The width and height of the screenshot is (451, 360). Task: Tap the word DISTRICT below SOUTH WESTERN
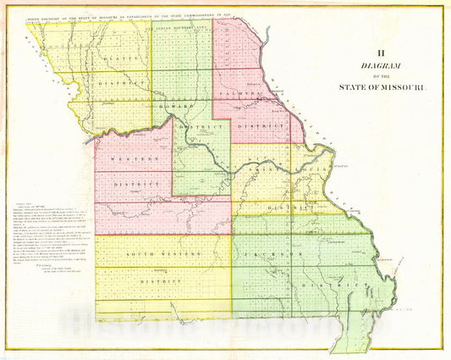[x=161, y=280]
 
